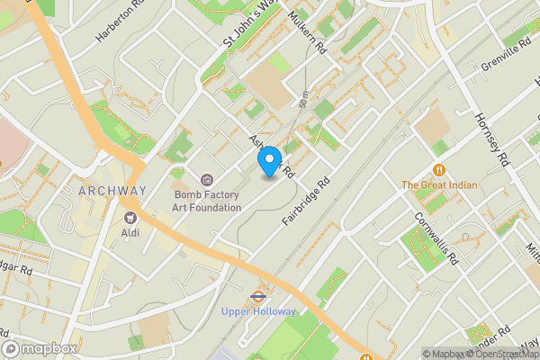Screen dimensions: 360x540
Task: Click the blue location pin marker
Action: click(268, 160)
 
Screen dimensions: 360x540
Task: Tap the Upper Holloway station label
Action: click(258, 311)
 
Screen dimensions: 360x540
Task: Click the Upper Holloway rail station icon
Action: click(258, 294)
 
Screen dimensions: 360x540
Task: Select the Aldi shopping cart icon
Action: click(130, 217)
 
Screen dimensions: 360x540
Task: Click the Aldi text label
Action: click(130, 232)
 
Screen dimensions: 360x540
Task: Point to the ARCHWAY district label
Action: click(112, 191)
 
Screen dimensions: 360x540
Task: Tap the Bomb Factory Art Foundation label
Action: click(207, 201)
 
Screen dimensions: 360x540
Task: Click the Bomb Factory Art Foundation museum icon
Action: click(207, 180)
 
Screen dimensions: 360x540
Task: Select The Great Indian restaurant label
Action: click(439, 185)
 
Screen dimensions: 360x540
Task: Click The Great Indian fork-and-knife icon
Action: click(439, 168)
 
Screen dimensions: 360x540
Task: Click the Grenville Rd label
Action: click(508, 54)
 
